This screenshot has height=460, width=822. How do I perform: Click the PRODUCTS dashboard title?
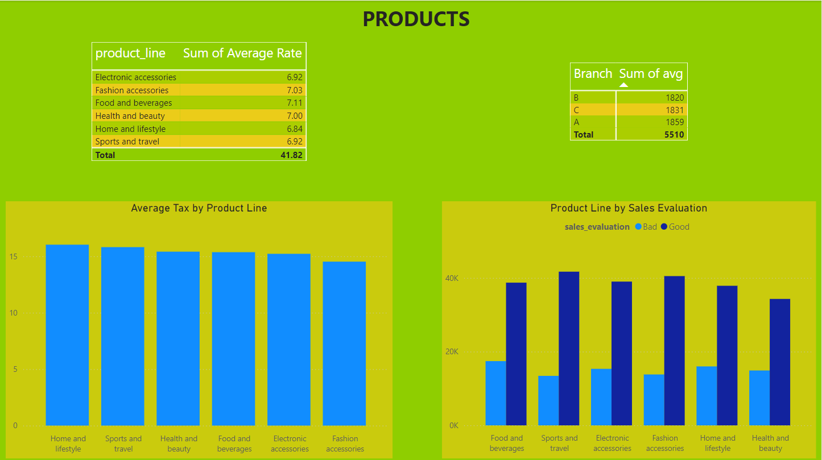tap(416, 19)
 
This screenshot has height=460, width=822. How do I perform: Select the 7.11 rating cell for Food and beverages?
tap(294, 103)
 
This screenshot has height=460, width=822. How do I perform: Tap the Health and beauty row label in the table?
tap(130, 116)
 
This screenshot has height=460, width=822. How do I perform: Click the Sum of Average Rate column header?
tap(242, 53)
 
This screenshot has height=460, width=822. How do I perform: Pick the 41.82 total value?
tap(291, 155)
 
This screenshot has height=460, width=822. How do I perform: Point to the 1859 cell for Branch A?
tap(675, 122)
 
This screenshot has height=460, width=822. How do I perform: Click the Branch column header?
tap(593, 74)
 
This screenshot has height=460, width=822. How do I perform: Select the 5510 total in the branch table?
tap(674, 135)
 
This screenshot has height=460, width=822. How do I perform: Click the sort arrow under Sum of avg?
tap(623, 85)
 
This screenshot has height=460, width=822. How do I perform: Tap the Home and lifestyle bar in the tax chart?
tap(67, 335)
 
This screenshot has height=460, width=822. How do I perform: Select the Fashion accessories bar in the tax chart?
tap(344, 343)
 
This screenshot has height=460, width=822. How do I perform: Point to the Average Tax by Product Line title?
tap(199, 208)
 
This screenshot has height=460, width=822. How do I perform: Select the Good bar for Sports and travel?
tap(569, 348)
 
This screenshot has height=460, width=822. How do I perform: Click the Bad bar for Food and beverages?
tap(495, 393)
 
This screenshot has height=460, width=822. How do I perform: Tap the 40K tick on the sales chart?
tap(452, 278)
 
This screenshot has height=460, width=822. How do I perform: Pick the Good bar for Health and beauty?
tap(780, 362)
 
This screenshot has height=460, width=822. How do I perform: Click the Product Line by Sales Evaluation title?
tap(629, 208)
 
